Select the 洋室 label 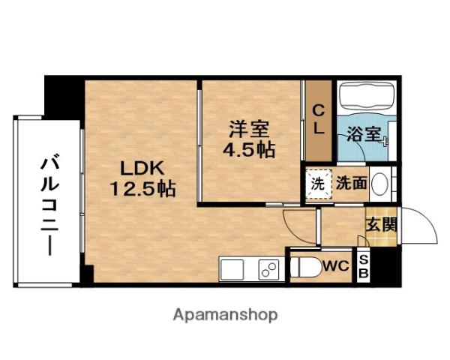click(x=247, y=127)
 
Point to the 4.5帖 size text click(x=248, y=148)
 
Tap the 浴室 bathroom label click(x=364, y=136)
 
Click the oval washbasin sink click(x=381, y=183)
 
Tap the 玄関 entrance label click(x=381, y=223)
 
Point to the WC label click(x=335, y=265)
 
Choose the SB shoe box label click(x=364, y=266)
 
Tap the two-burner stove click(x=268, y=268)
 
